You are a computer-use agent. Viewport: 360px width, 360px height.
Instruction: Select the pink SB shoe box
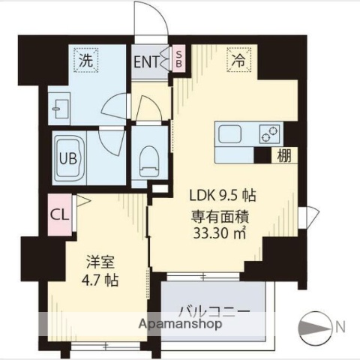(x=178, y=60)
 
